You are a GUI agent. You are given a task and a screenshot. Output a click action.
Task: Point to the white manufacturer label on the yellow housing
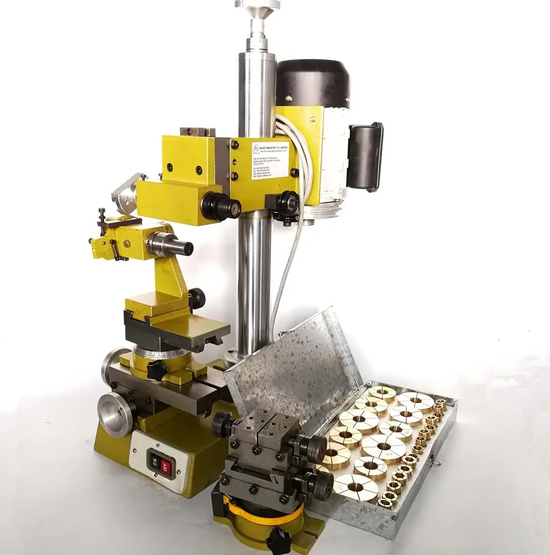point(270,160)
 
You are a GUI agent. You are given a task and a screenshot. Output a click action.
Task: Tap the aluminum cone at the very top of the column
point(257,5)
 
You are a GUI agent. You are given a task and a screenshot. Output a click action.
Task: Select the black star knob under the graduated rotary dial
point(156,370)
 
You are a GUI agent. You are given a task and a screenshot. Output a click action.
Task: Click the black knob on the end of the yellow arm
point(221,206)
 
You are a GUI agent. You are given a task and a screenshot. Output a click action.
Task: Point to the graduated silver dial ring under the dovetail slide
point(161,352)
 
